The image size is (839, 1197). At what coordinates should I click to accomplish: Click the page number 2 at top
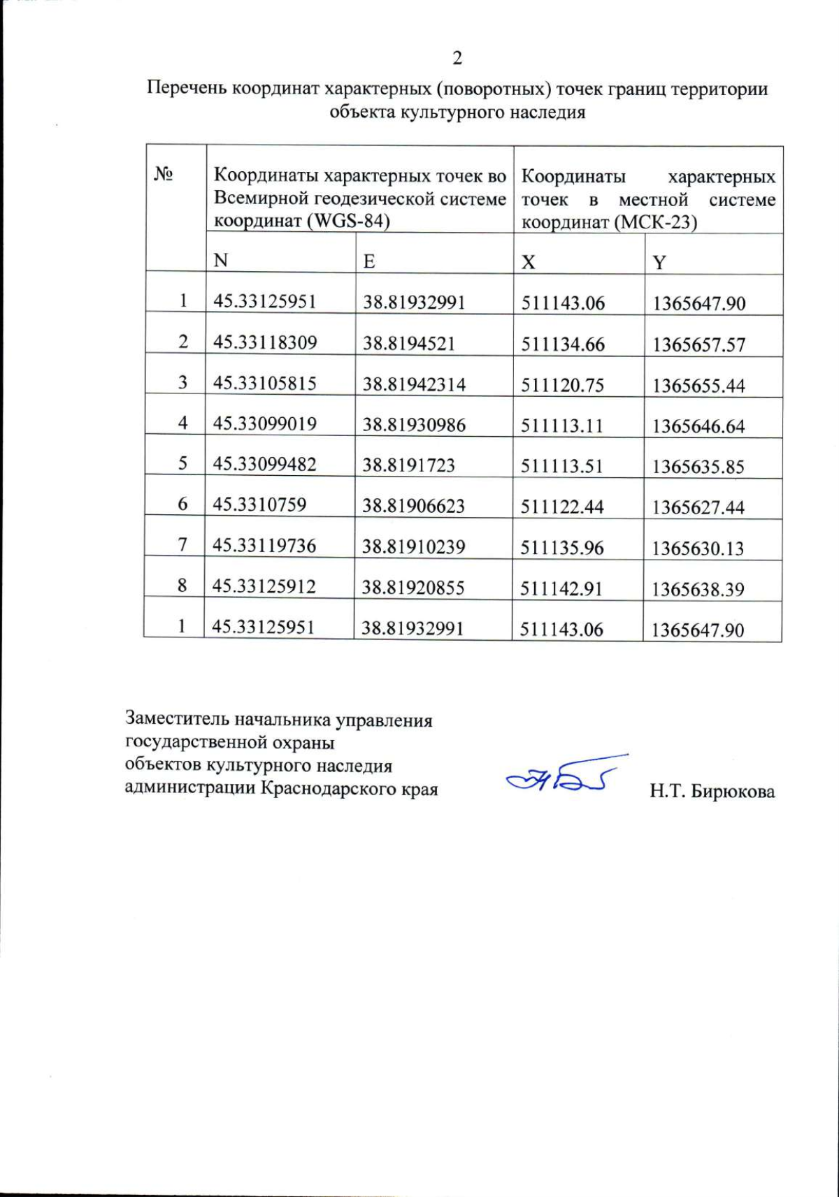click(x=457, y=59)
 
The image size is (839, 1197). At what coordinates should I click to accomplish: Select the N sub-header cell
click(x=221, y=261)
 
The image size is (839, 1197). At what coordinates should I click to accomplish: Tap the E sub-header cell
click(x=369, y=261)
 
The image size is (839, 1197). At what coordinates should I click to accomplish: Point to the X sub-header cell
click(x=529, y=262)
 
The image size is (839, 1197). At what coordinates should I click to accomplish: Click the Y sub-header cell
click(x=659, y=263)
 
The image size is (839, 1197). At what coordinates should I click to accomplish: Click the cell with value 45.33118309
click(x=265, y=342)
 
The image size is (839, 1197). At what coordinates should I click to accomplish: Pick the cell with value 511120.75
click(x=562, y=385)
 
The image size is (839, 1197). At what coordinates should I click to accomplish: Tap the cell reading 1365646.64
click(x=698, y=426)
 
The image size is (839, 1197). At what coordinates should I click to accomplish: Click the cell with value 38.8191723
click(x=408, y=465)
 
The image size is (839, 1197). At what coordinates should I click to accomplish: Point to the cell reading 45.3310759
click(x=259, y=505)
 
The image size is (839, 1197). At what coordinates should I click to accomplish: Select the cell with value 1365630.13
click(x=698, y=549)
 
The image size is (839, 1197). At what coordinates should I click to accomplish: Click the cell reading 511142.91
click(x=561, y=588)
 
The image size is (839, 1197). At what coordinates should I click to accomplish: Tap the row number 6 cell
click(x=182, y=504)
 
